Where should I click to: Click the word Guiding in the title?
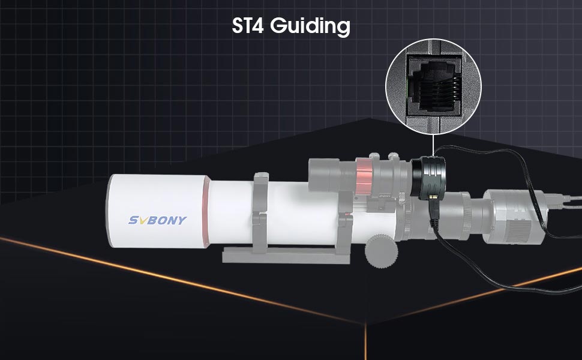(x=310, y=26)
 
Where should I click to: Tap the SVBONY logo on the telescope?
(x=157, y=220)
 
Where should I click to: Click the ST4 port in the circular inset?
(x=434, y=83)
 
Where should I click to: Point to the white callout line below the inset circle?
(x=433, y=145)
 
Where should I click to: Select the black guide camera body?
(x=428, y=177)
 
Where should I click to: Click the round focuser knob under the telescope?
(x=381, y=251)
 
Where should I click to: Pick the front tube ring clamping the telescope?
(x=261, y=212)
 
